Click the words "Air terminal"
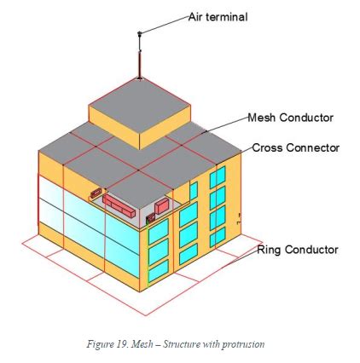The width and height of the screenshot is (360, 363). point(218,17)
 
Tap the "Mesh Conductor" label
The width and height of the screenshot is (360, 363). point(290,118)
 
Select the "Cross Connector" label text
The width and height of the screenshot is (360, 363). point(296,147)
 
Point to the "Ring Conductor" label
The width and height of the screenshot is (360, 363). point(298,250)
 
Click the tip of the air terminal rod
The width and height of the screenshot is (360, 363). point(139,33)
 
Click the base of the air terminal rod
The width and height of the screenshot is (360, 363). point(139,78)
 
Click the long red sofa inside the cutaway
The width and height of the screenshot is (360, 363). point(119,205)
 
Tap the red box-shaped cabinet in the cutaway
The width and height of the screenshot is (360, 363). point(162,205)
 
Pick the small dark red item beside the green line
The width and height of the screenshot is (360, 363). point(150,217)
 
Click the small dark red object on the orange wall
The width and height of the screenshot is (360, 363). point(96,193)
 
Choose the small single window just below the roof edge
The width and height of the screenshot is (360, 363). point(194,191)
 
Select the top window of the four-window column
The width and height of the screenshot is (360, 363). point(218,177)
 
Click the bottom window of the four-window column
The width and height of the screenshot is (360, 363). point(218,237)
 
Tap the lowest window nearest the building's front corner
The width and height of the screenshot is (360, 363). point(159,271)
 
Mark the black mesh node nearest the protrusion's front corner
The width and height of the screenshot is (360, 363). point(138,170)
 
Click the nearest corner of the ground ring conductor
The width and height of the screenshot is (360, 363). point(146,315)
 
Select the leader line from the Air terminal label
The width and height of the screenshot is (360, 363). point(164,25)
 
